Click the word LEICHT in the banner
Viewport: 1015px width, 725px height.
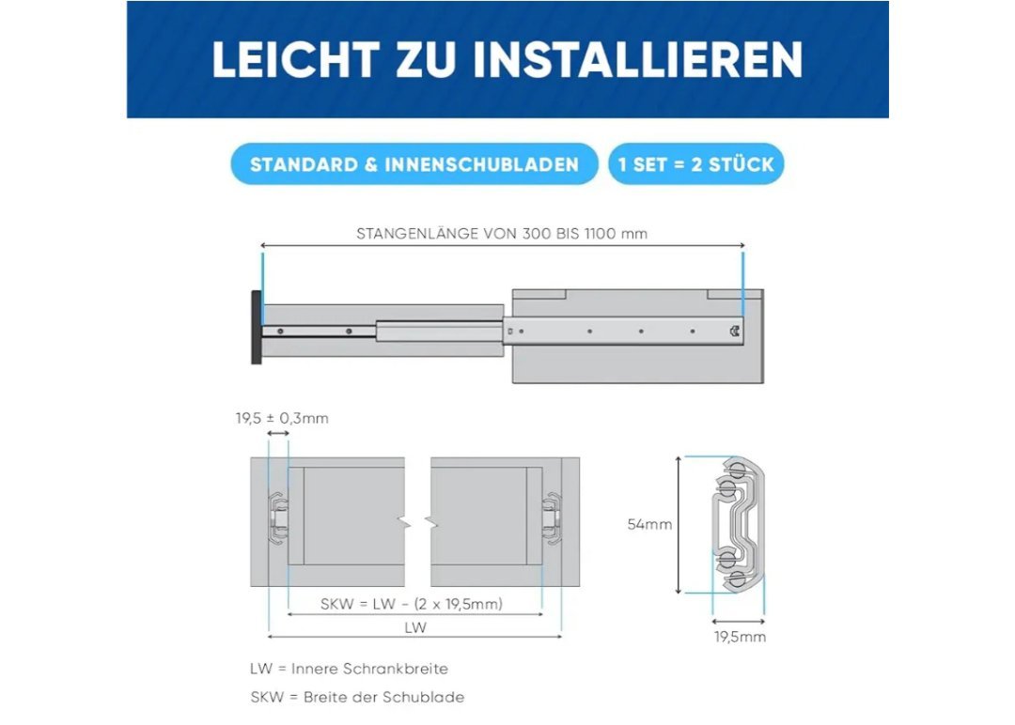coord(295,59)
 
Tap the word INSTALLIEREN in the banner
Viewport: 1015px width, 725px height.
coord(637,59)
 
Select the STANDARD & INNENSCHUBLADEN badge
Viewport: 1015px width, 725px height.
coord(414,164)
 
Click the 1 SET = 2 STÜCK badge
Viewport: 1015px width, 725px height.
coord(695,164)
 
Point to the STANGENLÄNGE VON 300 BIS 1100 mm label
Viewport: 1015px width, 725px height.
coord(502,234)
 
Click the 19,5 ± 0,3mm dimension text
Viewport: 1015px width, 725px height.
coord(282,419)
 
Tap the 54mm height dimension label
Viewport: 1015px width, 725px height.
coord(649,525)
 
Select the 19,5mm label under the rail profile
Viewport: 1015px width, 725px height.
coord(740,637)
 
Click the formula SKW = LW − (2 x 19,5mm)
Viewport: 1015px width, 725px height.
coord(412,604)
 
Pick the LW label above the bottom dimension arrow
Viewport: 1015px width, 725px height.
coord(415,627)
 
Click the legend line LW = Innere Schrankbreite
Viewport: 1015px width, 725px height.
coord(349,669)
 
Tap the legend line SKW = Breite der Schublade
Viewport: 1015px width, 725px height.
coord(357,697)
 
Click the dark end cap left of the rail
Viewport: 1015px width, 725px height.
coord(257,327)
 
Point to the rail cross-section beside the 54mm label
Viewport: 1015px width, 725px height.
coord(738,525)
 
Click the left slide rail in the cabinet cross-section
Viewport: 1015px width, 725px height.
coord(278,518)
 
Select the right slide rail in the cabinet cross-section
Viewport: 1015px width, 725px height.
coord(552,518)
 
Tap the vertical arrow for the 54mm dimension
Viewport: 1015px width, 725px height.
coord(679,525)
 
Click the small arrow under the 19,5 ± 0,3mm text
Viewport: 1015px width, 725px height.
coord(278,434)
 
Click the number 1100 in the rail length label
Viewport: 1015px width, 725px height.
coord(600,234)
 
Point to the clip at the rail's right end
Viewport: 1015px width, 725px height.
coord(735,332)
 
